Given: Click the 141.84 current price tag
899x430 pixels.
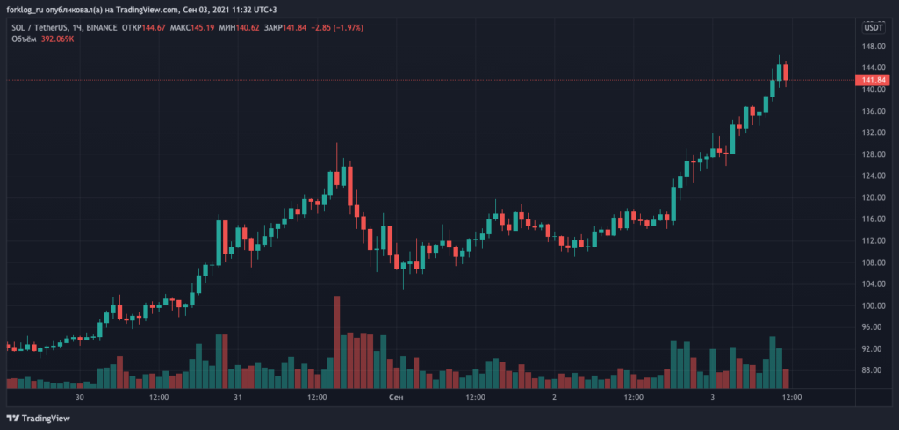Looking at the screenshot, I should (x=873, y=80).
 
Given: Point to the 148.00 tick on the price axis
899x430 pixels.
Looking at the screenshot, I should (x=873, y=46).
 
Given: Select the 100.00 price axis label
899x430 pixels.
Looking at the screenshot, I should (x=873, y=305).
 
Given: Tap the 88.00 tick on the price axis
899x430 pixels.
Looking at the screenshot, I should (x=873, y=370).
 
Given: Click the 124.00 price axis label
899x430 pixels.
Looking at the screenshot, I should (x=873, y=176).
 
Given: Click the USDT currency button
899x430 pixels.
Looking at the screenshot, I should (x=874, y=28).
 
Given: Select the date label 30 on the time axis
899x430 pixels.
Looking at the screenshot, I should (x=80, y=398).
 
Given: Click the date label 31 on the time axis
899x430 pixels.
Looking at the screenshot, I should (x=238, y=398).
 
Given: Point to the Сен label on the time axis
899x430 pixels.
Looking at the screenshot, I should (x=396, y=398).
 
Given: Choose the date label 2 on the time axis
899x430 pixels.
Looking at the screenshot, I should (x=554, y=398).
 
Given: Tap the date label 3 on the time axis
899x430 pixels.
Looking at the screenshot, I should (x=712, y=398).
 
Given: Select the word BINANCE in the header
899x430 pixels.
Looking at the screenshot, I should (x=104, y=28).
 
